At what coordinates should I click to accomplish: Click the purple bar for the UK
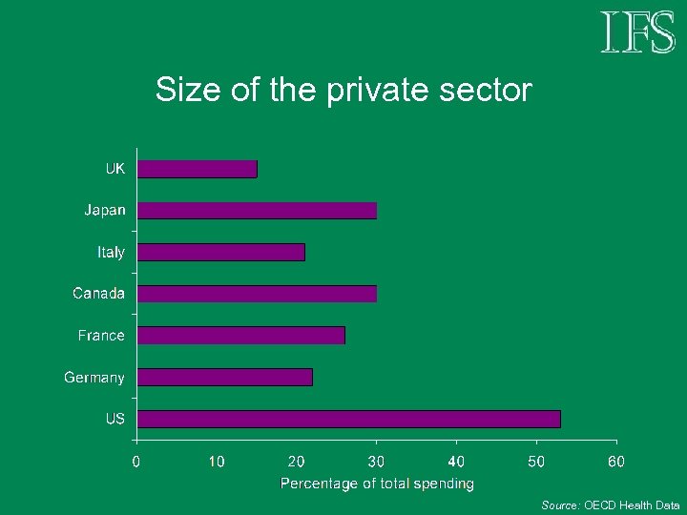[198, 169]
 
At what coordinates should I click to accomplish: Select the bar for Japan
[257, 210]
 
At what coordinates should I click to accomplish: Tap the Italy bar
[221, 252]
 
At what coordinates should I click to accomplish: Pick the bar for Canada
[257, 294]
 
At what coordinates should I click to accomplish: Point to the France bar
[241, 335]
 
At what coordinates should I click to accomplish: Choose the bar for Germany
[225, 377]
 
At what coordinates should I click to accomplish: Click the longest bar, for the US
[349, 419]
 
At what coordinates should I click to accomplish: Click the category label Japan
[104, 210]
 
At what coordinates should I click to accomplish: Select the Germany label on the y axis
[94, 378]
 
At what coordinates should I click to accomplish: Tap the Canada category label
[99, 294]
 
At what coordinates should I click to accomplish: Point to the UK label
[114, 169]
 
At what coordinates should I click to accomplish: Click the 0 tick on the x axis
[136, 462]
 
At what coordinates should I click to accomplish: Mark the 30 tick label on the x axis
[377, 462]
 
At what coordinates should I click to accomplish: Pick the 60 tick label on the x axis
[616, 462]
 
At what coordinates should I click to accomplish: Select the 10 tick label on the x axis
[217, 462]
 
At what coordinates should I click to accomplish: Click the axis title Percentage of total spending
[377, 484]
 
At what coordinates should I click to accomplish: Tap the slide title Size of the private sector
[343, 91]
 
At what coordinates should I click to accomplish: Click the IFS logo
[637, 32]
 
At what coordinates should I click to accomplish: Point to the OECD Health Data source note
[611, 505]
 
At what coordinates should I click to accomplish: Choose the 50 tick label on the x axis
[536, 462]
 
